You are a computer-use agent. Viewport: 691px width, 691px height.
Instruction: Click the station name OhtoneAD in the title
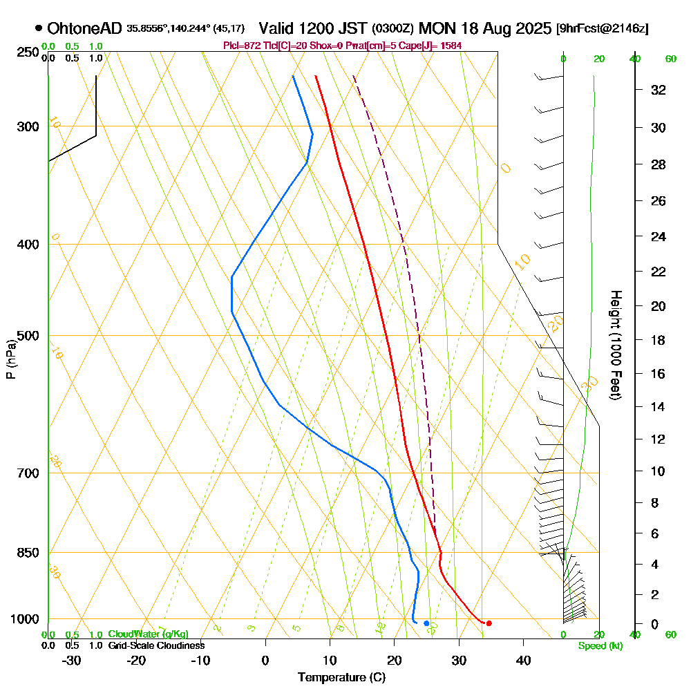(85, 28)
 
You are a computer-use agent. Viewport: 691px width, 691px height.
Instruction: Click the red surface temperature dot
(489, 623)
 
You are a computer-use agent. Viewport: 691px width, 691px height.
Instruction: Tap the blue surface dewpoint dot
(426, 624)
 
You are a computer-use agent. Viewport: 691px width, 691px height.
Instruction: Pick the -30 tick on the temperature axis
(72, 660)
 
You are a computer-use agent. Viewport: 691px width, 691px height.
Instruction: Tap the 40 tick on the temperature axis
(523, 660)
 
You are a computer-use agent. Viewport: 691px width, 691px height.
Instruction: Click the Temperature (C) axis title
(341, 678)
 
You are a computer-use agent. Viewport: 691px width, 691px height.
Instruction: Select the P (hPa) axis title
(10, 359)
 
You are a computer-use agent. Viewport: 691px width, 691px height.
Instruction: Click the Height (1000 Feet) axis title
(614, 344)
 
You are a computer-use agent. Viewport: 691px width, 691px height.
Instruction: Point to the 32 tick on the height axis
(658, 90)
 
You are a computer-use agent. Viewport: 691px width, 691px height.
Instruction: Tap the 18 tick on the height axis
(658, 340)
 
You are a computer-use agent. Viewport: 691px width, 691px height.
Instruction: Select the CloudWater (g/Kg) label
(148, 634)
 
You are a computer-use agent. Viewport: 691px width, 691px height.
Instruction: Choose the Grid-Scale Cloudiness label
(155, 645)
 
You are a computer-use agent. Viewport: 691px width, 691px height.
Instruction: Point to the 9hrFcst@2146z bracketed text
(602, 29)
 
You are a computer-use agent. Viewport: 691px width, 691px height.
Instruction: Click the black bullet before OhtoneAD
(39, 28)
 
